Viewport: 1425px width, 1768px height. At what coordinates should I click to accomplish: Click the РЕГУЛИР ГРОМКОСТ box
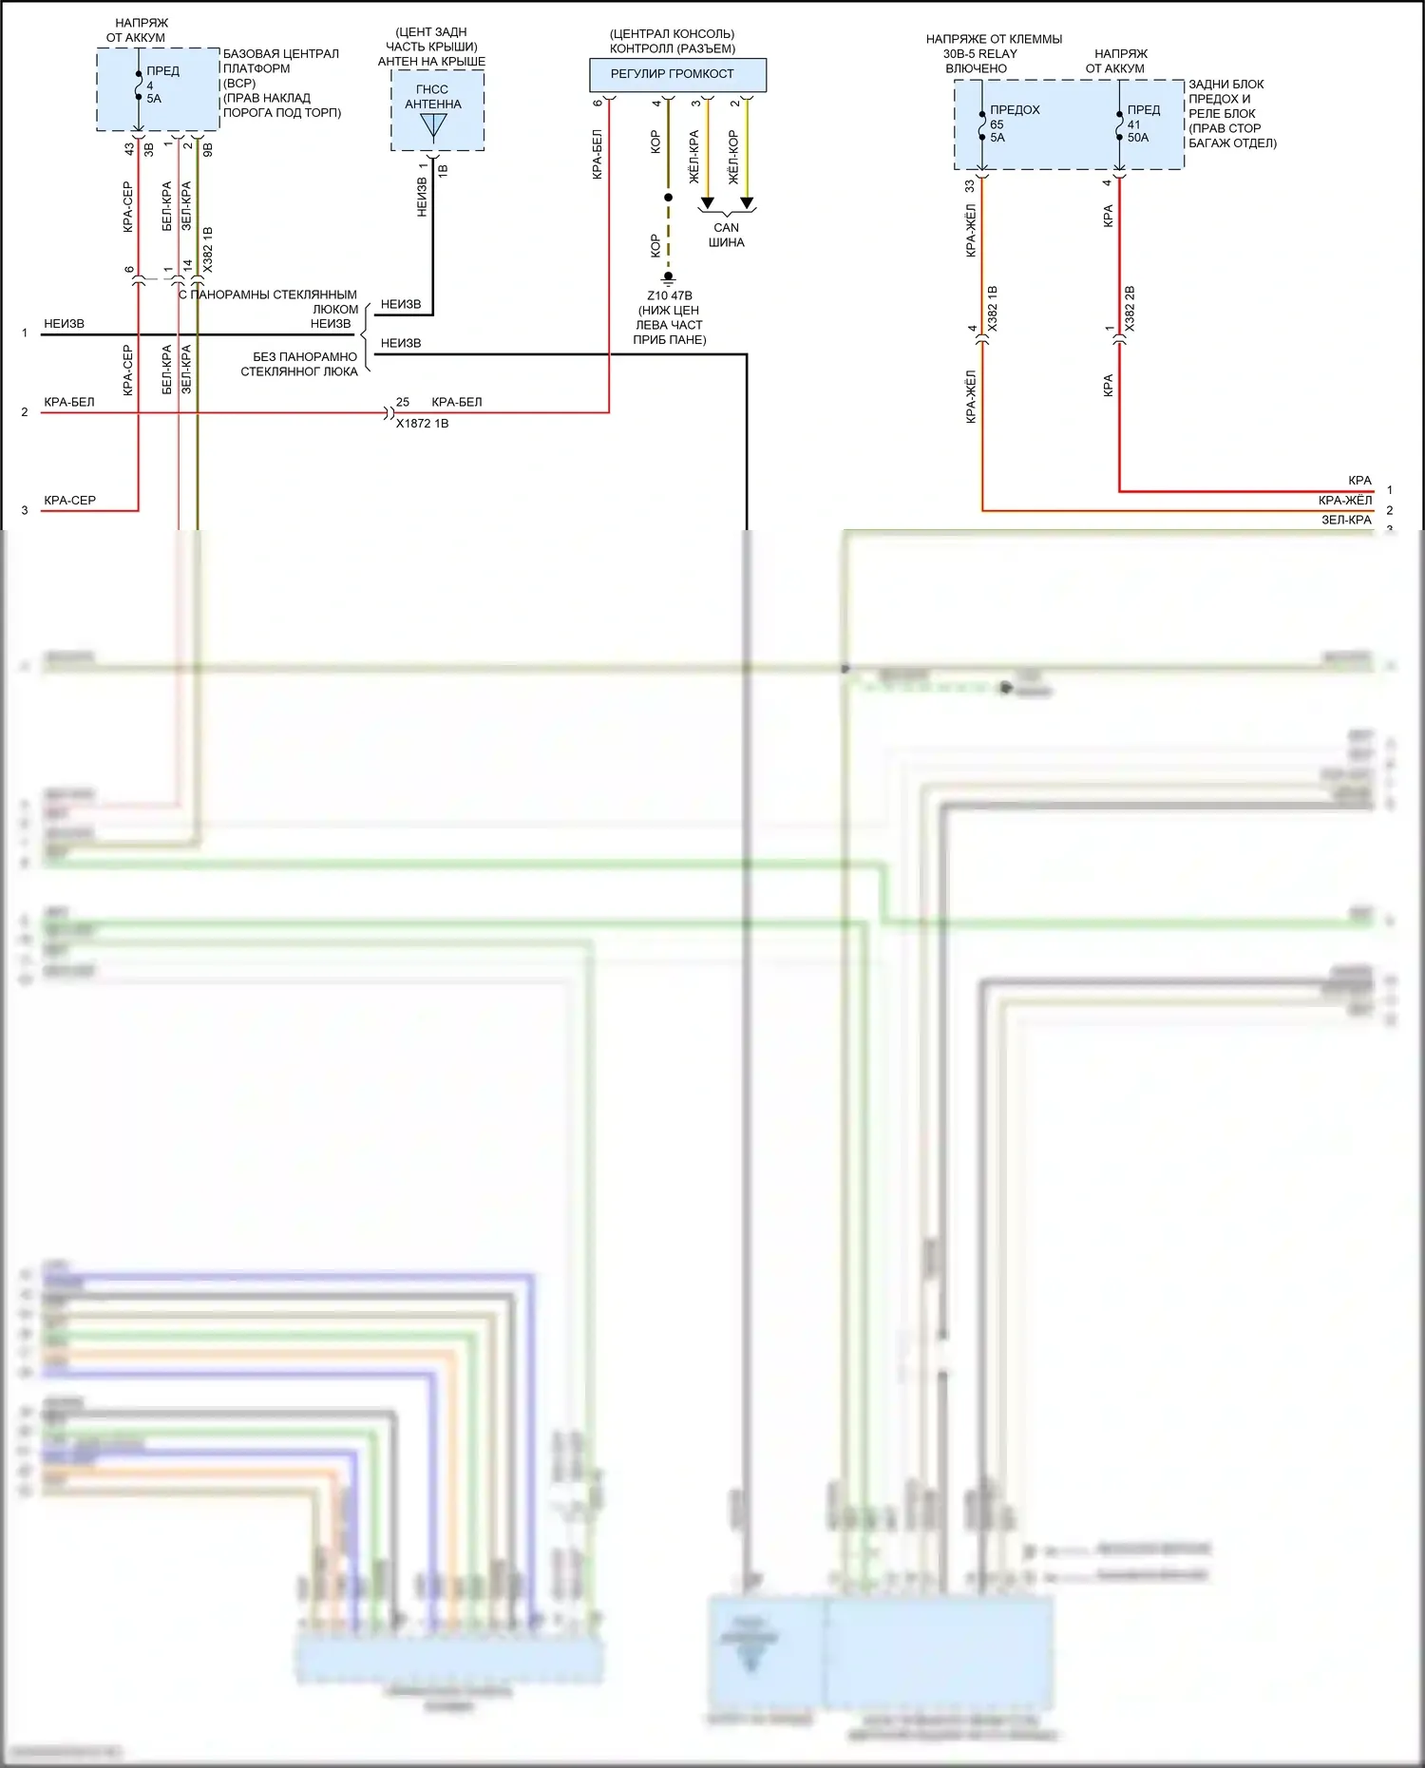(676, 74)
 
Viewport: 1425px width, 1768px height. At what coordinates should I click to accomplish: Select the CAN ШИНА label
(726, 235)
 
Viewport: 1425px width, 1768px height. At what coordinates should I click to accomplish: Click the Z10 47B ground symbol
(668, 277)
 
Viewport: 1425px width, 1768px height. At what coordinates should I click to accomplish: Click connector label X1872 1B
(422, 424)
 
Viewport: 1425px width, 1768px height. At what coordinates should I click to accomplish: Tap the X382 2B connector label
(1130, 309)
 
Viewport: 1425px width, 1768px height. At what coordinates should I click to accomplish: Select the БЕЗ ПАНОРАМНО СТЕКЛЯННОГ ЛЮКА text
(299, 364)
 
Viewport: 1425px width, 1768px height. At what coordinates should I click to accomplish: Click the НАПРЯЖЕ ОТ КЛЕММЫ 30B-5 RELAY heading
(993, 53)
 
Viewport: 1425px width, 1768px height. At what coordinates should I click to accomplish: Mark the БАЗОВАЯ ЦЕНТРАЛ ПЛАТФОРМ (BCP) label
(281, 68)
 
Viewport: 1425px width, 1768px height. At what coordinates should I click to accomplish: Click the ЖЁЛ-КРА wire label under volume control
(693, 156)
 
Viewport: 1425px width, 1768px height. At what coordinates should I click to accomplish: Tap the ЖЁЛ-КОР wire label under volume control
(732, 156)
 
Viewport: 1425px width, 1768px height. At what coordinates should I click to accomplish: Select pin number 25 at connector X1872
(403, 402)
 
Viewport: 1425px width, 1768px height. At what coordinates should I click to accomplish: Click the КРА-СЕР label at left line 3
(69, 500)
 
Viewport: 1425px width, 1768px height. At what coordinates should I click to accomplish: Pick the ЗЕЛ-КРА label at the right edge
(1346, 520)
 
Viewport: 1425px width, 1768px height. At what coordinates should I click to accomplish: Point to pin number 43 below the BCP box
(129, 149)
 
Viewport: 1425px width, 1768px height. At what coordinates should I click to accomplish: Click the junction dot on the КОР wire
(668, 198)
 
